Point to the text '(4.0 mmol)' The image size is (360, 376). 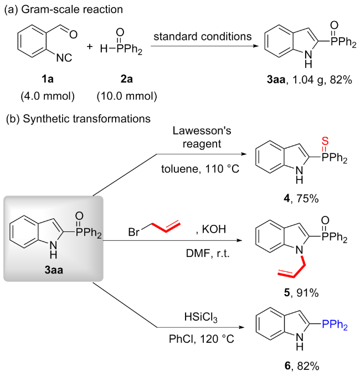47,97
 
